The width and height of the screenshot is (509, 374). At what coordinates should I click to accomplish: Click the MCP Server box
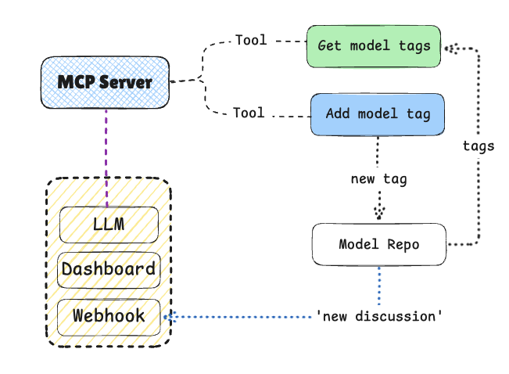[x=105, y=81]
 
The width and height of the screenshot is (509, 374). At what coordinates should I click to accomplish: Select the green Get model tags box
[x=374, y=46]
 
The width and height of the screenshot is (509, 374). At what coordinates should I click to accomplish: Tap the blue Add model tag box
[x=378, y=114]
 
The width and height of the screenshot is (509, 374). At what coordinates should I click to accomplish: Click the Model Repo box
[x=379, y=245]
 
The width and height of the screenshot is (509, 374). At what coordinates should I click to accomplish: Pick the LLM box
[x=109, y=224]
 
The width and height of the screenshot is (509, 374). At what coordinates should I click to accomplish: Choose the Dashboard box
[x=109, y=270]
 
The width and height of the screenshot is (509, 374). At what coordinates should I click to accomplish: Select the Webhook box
[x=109, y=316]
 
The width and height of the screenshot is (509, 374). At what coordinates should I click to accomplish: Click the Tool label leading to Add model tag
[x=249, y=113]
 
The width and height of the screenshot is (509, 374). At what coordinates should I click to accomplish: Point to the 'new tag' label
[x=379, y=179]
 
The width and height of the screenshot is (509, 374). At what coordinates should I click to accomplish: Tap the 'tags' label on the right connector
[x=479, y=146]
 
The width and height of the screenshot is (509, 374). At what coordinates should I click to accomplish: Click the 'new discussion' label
[x=380, y=317]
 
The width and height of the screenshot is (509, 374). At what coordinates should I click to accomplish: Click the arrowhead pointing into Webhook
[x=168, y=317]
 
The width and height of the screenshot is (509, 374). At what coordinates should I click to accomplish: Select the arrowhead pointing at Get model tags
[x=451, y=49]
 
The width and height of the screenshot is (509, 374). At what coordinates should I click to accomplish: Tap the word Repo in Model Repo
[x=403, y=245]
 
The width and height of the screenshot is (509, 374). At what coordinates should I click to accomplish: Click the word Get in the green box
[x=330, y=46]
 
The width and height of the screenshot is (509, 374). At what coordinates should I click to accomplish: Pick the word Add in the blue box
[x=338, y=114]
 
